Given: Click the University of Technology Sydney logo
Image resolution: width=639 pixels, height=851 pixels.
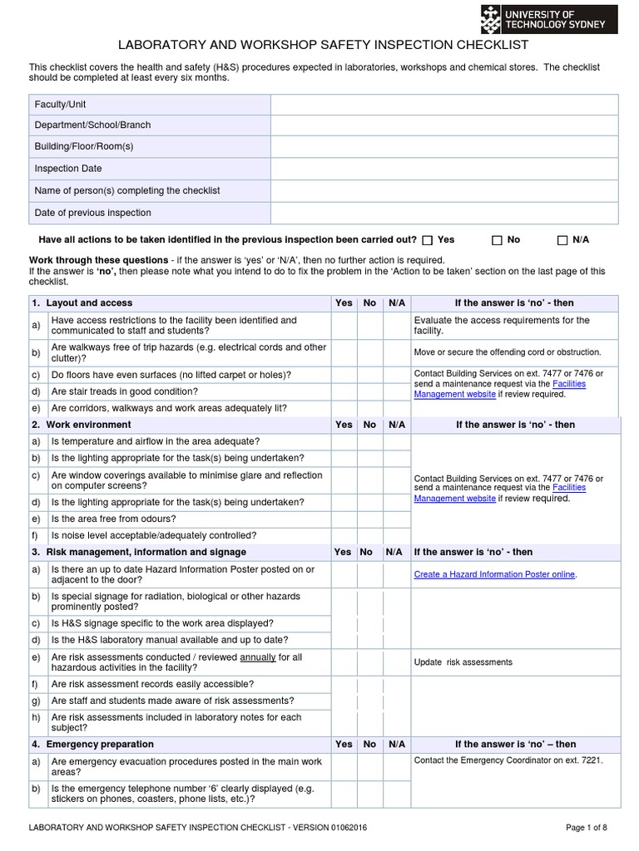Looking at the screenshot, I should pyautogui.click(x=549, y=19).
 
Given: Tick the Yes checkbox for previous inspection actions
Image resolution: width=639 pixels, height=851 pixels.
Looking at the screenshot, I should pyautogui.click(x=428, y=240).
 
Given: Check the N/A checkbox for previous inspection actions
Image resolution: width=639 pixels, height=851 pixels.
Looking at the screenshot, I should pyautogui.click(x=562, y=240).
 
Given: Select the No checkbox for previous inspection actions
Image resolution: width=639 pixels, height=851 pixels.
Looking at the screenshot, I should pyautogui.click(x=497, y=240).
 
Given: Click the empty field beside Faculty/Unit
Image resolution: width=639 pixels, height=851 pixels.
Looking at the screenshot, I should pyautogui.click(x=444, y=105).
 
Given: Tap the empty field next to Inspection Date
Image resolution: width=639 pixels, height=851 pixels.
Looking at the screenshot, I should pyautogui.click(x=444, y=169).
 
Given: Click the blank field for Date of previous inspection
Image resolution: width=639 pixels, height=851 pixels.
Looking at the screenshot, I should pyautogui.click(x=444, y=214).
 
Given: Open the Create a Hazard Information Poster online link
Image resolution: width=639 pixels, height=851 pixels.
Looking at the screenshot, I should pyautogui.click(x=494, y=574).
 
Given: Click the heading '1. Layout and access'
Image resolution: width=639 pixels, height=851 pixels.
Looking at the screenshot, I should pyautogui.click(x=82, y=303).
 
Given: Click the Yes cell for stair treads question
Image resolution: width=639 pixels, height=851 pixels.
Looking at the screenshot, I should pyautogui.click(x=344, y=391).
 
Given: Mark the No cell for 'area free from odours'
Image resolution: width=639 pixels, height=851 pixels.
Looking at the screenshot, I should pyautogui.click(x=369, y=519).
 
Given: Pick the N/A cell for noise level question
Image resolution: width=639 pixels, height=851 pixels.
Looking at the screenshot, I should pyautogui.click(x=397, y=536).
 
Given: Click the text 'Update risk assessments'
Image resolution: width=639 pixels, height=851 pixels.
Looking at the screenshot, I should pyautogui.click(x=463, y=662).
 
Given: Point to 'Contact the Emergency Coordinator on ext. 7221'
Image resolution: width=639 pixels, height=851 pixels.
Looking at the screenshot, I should pyautogui.click(x=508, y=760).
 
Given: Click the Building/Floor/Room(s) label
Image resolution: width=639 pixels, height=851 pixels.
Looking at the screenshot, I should pyautogui.click(x=84, y=146).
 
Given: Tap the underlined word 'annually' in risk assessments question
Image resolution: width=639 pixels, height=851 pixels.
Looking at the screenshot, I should pyautogui.click(x=258, y=657).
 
